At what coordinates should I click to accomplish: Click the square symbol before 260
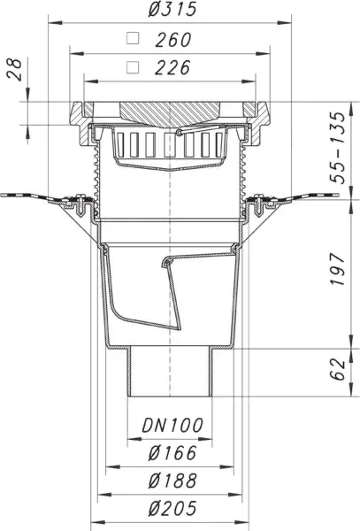[133, 39]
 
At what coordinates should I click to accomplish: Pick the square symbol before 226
[133, 67]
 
